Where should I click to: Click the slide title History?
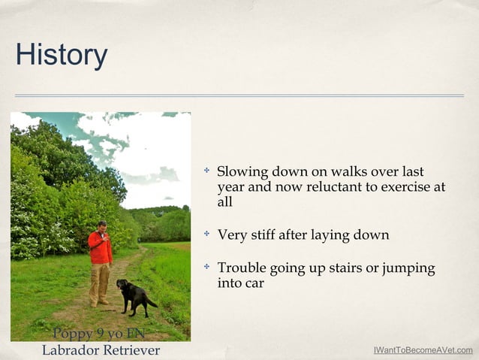point(62,55)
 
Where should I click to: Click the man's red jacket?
point(100,248)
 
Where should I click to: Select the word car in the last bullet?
point(253,284)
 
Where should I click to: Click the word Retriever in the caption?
point(131,351)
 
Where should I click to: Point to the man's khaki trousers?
point(99,281)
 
